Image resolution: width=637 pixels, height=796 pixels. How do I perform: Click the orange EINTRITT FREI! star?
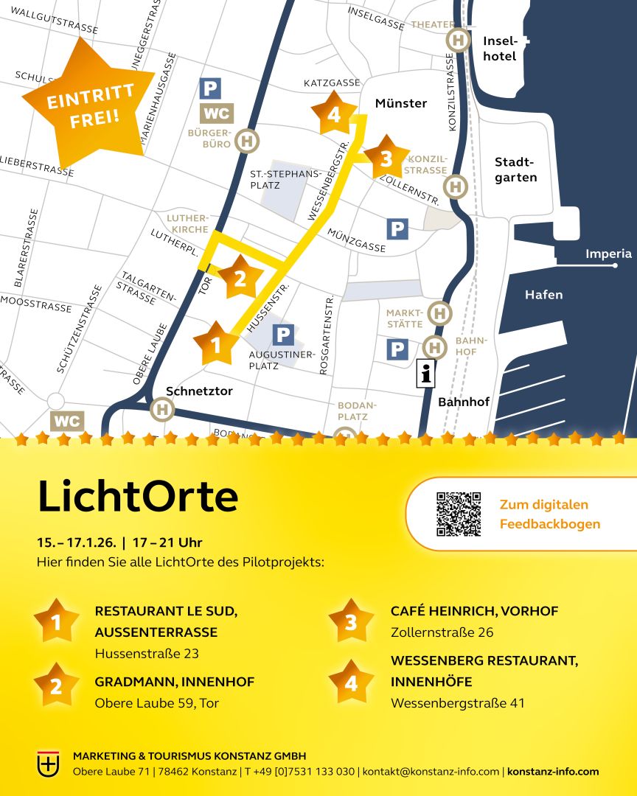pyautogui.click(x=88, y=103)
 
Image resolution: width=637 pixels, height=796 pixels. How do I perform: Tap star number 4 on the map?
pyautogui.click(x=334, y=114)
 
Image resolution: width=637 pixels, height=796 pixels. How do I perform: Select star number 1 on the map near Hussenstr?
pyautogui.click(x=216, y=344)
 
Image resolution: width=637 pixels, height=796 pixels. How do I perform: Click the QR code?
pyautogui.click(x=458, y=514)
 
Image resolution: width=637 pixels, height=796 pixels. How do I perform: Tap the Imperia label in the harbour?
pyautogui.click(x=608, y=254)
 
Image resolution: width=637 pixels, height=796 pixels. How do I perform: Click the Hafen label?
pyautogui.click(x=543, y=295)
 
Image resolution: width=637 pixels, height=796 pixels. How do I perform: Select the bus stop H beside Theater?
pyautogui.click(x=459, y=39)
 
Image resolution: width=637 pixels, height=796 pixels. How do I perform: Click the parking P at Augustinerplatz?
pyautogui.click(x=283, y=335)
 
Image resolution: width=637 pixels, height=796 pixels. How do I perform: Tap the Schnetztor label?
pyautogui.click(x=199, y=391)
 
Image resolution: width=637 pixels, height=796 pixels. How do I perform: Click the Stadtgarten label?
pyautogui.click(x=515, y=170)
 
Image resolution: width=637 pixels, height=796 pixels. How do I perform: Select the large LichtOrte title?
pyautogui.click(x=138, y=497)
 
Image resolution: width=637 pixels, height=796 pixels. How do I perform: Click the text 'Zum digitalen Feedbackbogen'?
pyautogui.click(x=549, y=514)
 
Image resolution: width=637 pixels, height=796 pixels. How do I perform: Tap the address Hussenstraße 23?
pyautogui.click(x=147, y=653)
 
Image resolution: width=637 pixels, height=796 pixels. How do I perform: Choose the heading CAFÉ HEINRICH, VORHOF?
pyautogui.click(x=474, y=611)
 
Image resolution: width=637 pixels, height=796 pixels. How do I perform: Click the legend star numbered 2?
pyautogui.click(x=56, y=685)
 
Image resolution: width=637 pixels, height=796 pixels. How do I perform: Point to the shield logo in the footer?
pyautogui.click(x=49, y=763)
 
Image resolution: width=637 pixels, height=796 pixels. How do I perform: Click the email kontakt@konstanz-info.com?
pyautogui.click(x=431, y=772)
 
